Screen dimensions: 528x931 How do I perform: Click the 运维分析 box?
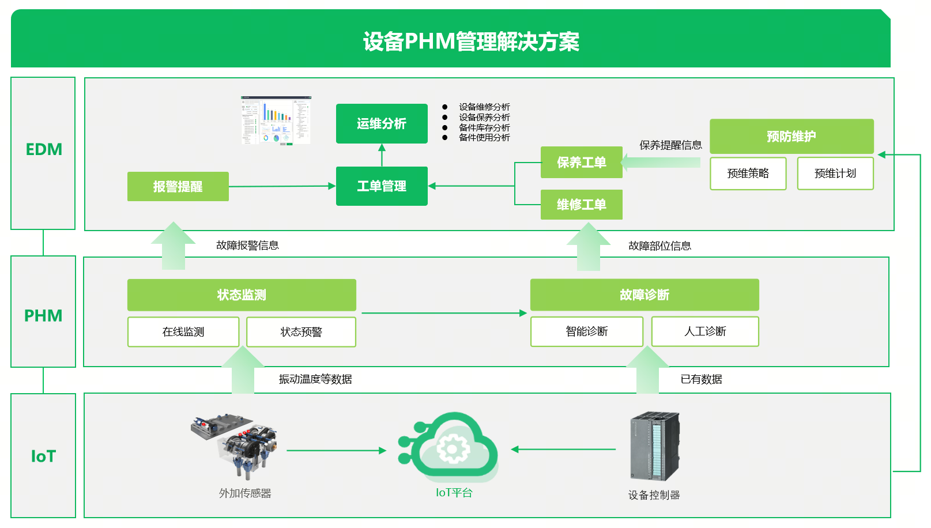click(382, 123)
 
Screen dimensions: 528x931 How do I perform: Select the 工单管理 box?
click(382, 186)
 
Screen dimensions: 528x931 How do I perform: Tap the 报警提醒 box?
click(178, 186)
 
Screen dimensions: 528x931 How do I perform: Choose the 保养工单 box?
click(581, 163)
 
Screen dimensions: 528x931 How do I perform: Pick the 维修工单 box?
click(581, 205)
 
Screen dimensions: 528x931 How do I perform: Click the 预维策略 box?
click(748, 174)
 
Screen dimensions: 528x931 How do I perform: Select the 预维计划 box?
click(835, 174)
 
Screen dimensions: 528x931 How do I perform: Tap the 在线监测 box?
click(183, 332)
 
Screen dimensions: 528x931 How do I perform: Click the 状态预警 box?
click(301, 332)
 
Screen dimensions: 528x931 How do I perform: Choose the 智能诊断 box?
click(586, 331)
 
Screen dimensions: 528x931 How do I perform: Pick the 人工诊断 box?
click(704, 331)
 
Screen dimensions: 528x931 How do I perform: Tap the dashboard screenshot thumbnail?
click(276, 120)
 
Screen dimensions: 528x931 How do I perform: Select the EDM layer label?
click(43, 150)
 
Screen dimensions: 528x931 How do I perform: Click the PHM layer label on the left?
click(43, 316)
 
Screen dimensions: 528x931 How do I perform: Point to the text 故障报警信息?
click(247, 246)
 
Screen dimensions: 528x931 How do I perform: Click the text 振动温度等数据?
click(315, 379)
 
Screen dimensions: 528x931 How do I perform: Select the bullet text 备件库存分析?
click(484, 127)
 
